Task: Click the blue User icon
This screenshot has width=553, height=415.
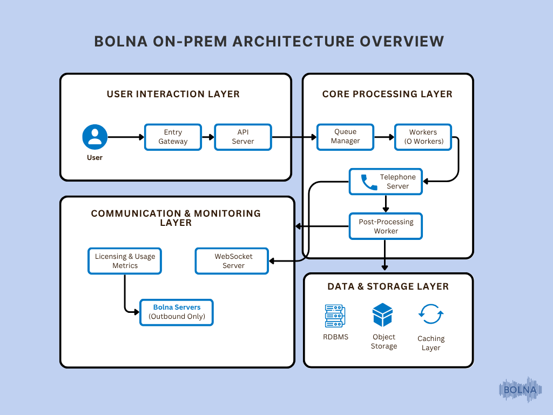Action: [x=95, y=137]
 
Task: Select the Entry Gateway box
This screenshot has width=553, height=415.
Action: [x=173, y=137]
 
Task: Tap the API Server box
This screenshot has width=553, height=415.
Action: [x=243, y=137]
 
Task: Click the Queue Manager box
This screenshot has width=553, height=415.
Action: [x=345, y=137]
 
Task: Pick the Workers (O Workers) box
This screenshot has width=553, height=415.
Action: [x=423, y=137]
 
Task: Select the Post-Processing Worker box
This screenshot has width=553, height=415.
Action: [x=386, y=226]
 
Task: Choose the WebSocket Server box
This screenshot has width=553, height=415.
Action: [x=231, y=261]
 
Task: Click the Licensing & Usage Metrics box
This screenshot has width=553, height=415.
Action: [x=125, y=261]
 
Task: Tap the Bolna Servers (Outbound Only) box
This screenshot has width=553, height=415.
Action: [x=177, y=312]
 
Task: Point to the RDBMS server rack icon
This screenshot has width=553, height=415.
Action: [x=335, y=316]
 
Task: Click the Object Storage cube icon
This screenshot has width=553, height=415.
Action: [x=383, y=314]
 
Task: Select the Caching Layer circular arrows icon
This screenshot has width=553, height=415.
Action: [x=431, y=314]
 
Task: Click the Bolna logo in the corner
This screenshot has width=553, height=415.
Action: [x=520, y=389]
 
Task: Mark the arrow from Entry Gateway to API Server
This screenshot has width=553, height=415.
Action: [x=208, y=137]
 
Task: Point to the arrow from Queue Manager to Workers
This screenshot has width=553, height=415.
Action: [x=384, y=137]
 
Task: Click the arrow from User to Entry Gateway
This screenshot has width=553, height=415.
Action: [x=126, y=137]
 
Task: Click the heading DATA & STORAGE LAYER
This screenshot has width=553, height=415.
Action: [x=388, y=286]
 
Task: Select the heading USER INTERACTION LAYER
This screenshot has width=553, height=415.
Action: [x=173, y=94]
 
